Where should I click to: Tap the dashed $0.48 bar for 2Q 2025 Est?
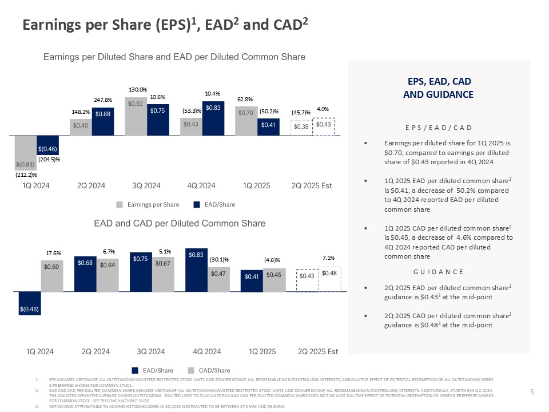tap(329, 280)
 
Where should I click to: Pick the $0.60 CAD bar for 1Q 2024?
tap(50, 276)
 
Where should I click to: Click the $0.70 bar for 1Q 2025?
tap(246, 121)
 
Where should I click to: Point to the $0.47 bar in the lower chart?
tap(218, 279)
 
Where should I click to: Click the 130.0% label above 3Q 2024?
tap(138, 89)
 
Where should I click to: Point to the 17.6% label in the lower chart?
tap(53, 252)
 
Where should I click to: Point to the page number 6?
tap(532, 391)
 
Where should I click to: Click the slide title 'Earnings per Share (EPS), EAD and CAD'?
tap(165, 24)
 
